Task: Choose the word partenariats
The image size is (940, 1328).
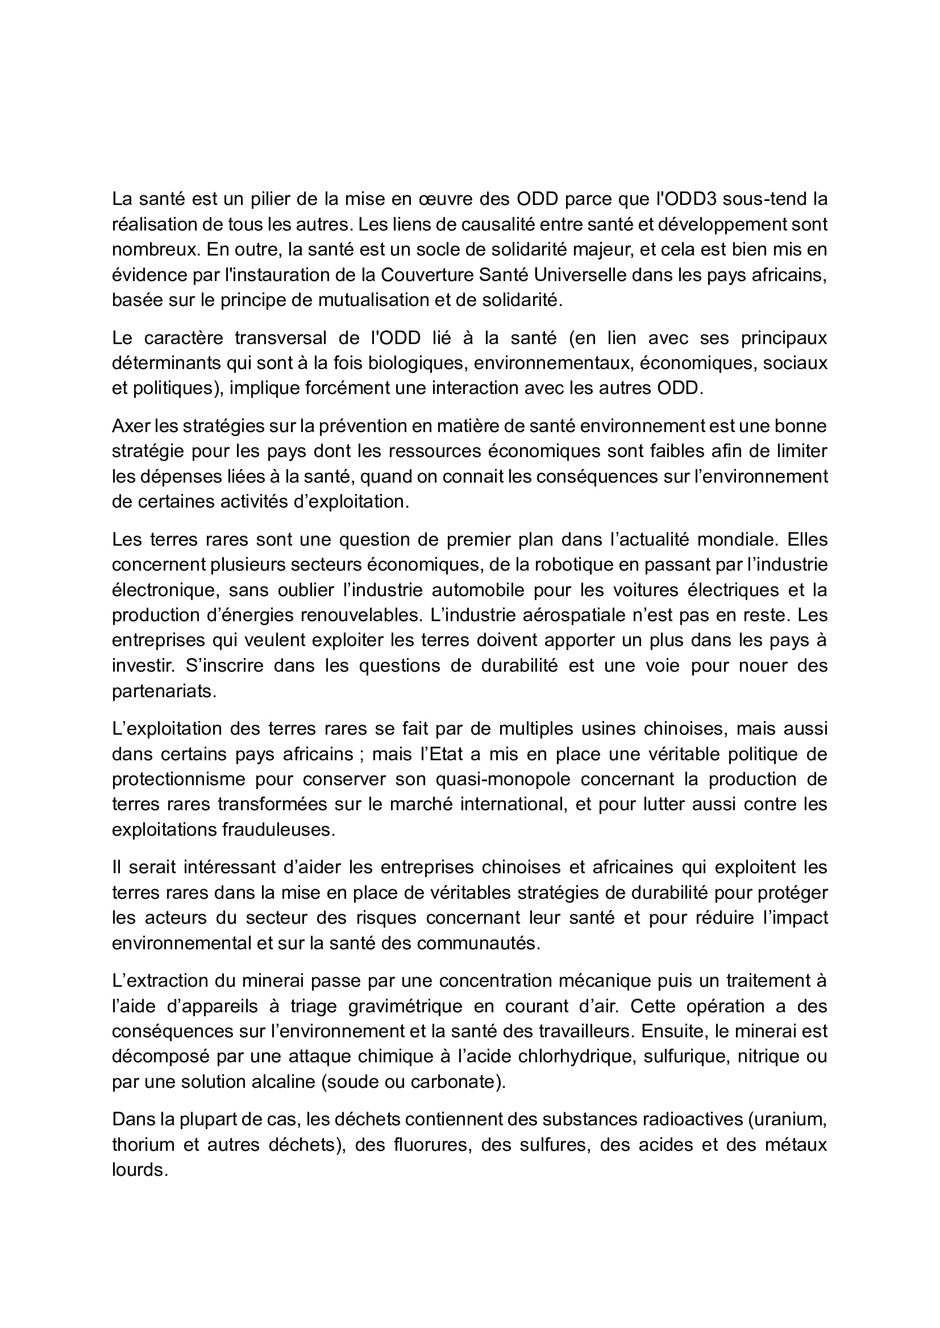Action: click(163, 692)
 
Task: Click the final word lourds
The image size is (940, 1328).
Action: click(139, 1171)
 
